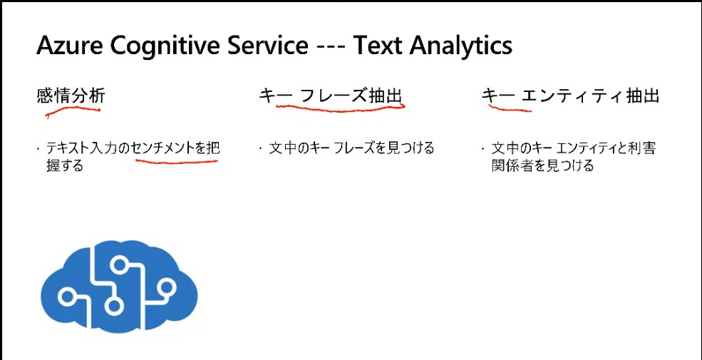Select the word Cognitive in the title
[165, 46]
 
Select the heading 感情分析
[71, 96]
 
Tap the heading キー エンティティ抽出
[570, 96]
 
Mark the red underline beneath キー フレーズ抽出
[341, 109]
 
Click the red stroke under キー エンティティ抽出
[510, 109]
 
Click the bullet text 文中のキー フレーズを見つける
[352, 149]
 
